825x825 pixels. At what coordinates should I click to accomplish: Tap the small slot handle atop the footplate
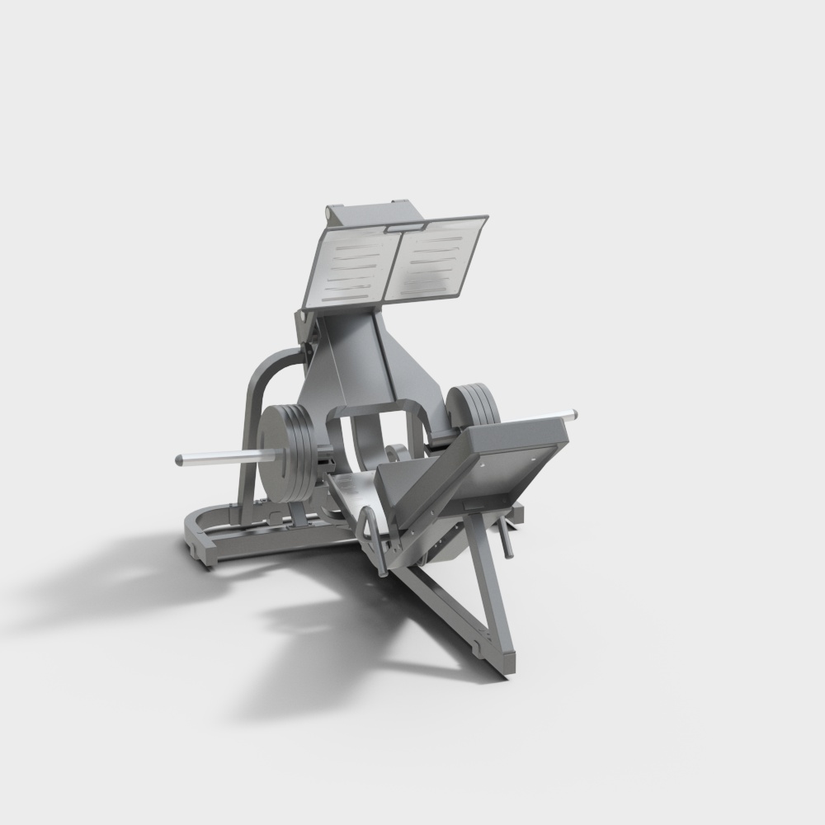tap(403, 224)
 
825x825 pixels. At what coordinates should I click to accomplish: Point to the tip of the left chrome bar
tap(179, 460)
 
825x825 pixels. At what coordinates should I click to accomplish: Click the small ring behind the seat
tap(395, 452)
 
